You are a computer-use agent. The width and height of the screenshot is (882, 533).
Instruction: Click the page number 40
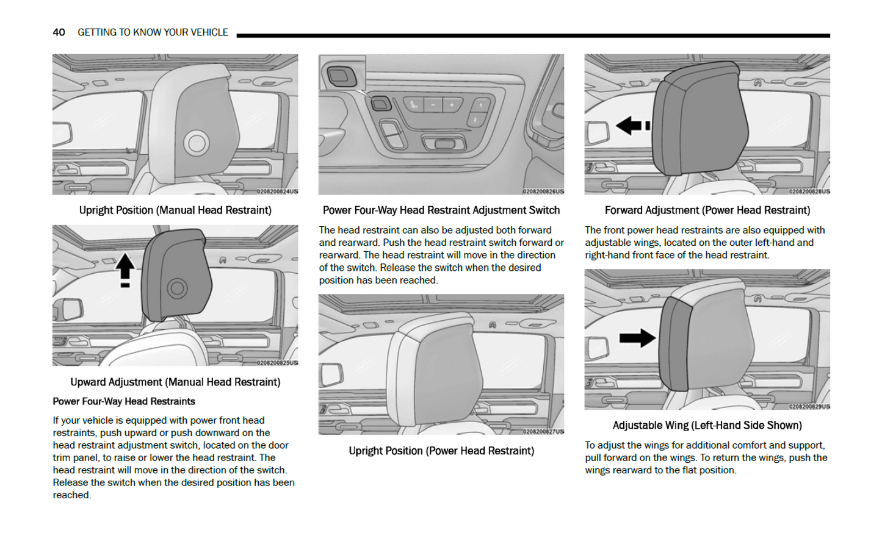(59, 32)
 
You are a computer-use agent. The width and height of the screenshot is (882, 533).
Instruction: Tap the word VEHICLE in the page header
(207, 32)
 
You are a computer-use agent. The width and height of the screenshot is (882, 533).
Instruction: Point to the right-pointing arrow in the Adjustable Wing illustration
(637, 338)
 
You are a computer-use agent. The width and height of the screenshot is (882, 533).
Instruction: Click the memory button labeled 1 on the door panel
(480, 106)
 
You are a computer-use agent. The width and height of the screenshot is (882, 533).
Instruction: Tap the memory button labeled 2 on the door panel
(475, 120)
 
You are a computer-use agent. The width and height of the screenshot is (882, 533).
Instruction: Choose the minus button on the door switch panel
(433, 105)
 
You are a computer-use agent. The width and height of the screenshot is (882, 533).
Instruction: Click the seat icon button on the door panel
(414, 105)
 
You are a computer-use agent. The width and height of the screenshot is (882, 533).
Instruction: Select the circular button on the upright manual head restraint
(197, 143)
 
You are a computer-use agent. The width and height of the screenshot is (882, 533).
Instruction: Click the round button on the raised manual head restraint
(177, 288)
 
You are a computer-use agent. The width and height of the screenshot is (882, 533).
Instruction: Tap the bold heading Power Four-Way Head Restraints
(124, 401)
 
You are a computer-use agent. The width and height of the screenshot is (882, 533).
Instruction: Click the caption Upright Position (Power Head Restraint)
(441, 451)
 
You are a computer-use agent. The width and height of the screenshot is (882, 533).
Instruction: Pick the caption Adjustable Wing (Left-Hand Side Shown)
(707, 425)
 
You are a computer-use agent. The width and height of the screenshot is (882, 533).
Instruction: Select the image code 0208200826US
(543, 191)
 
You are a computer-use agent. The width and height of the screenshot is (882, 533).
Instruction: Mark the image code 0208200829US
(809, 406)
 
